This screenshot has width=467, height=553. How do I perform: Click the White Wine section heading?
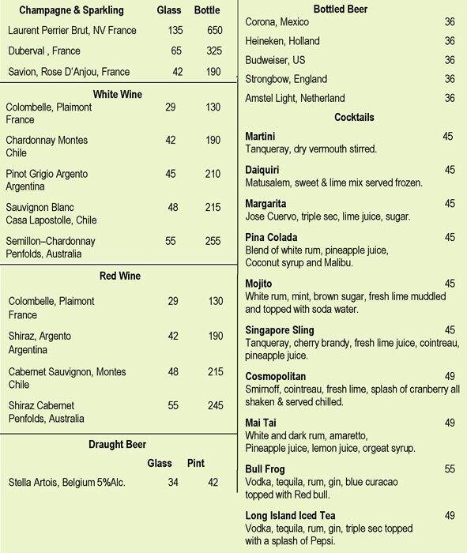(x=119, y=94)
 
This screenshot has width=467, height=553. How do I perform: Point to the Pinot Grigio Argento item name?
(x=47, y=173)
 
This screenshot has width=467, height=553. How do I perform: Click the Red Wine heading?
(x=120, y=276)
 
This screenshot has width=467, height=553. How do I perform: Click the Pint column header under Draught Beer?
(x=196, y=463)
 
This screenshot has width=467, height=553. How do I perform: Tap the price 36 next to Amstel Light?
(x=450, y=99)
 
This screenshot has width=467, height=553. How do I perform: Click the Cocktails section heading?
(x=354, y=118)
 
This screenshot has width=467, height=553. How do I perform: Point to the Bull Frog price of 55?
(x=450, y=468)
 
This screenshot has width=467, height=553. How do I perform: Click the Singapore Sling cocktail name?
(x=280, y=329)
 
